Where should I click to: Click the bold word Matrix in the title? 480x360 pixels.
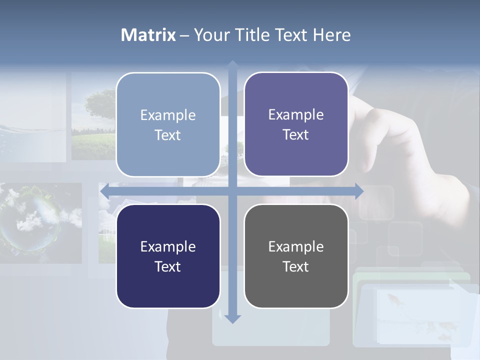coord(148,35)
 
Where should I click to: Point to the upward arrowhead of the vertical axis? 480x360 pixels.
coord(232,64)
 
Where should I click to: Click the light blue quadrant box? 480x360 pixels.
coord(168,124)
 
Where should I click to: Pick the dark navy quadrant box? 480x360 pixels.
coord(168,256)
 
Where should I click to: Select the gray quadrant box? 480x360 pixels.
coord(296,256)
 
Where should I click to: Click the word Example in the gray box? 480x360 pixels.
coord(296,246)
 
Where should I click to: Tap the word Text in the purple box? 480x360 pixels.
coord(296,134)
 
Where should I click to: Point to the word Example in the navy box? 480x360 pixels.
coord(168,246)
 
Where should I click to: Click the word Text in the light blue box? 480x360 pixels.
coord(168,135)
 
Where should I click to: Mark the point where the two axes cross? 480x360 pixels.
coord(232,191)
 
